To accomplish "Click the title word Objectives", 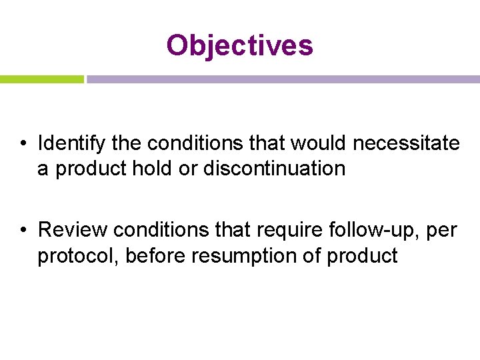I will tap(239, 45).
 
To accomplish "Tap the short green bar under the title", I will tap(41, 79).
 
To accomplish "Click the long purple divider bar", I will tap(283, 79).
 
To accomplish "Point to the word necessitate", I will tap(406, 143).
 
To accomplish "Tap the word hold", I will tap(152, 169).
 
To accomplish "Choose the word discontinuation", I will tap(274, 169).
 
